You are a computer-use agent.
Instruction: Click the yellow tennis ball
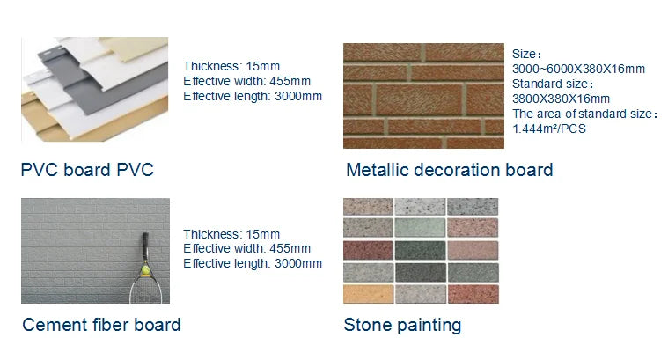coord(146,269)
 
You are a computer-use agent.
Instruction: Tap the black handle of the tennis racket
coord(145,245)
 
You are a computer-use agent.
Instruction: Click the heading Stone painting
coord(402,325)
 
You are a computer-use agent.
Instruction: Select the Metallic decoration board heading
coord(450,170)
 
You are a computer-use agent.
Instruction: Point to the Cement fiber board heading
coord(101,325)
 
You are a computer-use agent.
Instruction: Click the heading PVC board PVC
coord(87,170)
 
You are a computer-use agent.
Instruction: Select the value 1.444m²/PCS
coord(549,129)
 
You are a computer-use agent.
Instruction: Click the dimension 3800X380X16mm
coord(561,99)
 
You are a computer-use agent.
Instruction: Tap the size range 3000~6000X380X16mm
coord(578,69)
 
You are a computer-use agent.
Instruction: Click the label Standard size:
coord(553,84)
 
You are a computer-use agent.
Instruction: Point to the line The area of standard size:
coord(584,114)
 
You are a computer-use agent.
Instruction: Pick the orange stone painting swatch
coord(368,294)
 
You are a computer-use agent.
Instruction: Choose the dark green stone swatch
coord(420,251)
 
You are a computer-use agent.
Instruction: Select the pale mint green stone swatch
coord(420,227)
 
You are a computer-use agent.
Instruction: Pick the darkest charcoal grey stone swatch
coord(421,272)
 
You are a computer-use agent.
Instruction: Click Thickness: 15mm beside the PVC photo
coord(231,67)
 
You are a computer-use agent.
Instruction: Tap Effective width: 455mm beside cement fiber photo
coord(246,248)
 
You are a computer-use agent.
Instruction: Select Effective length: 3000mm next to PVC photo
coord(253,96)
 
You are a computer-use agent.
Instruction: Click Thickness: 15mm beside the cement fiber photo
coord(231,234)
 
